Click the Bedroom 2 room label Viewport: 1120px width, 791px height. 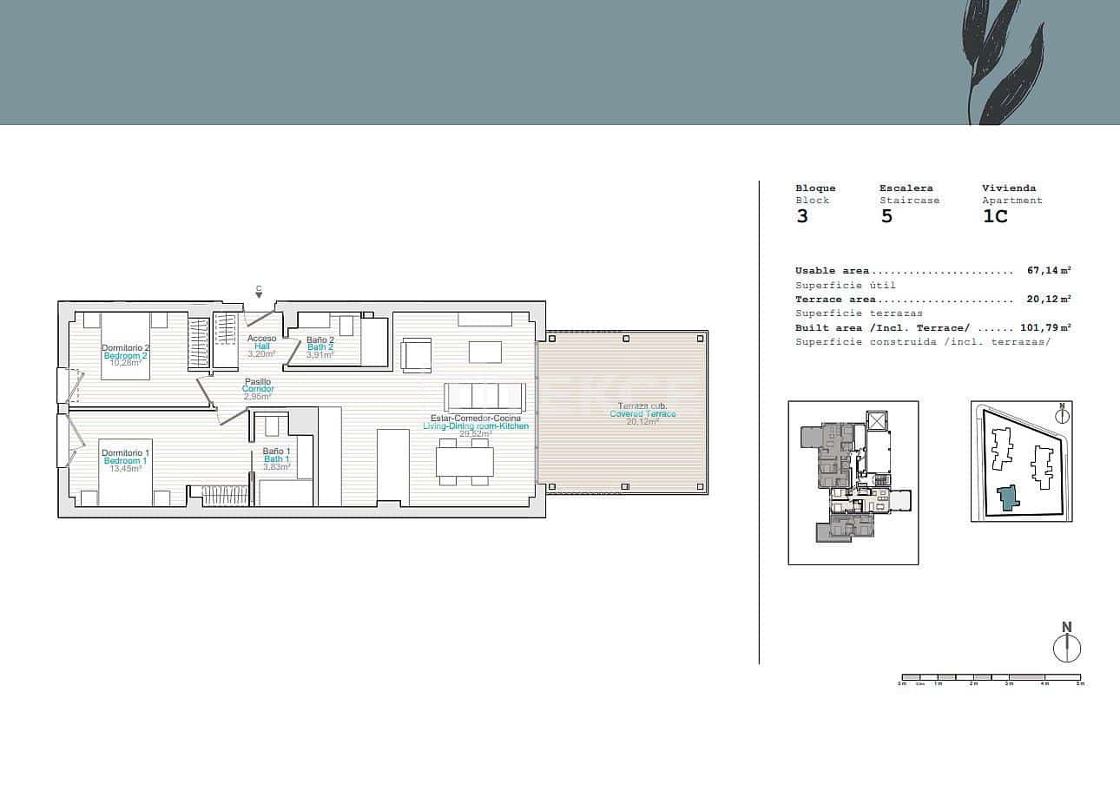tap(125, 355)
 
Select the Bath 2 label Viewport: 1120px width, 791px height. tap(320, 347)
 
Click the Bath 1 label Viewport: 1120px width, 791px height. tap(276, 458)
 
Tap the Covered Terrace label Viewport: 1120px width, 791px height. tap(642, 414)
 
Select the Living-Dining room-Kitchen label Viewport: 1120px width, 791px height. tap(475, 426)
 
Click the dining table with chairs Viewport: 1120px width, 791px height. tap(464, 462)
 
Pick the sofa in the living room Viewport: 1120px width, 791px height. tap(484, 397)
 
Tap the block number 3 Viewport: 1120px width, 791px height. tap(801, 216)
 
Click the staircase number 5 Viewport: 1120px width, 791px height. tap(886, 216)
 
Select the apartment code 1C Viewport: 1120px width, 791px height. tap(995, 216)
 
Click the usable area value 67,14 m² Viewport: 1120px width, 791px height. tap(1049, 271)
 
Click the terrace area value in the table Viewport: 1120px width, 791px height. tap(1049, 300)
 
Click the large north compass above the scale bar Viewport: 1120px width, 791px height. tap(1067, 648)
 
